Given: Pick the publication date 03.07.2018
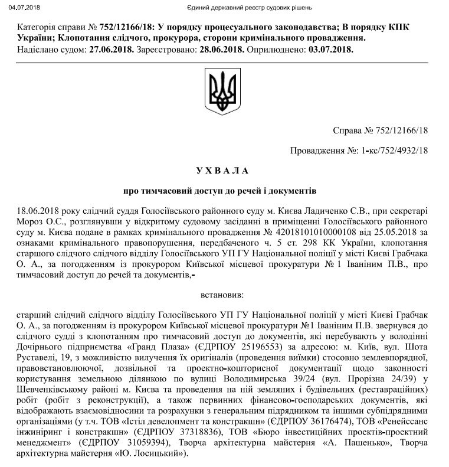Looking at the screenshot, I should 330,49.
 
